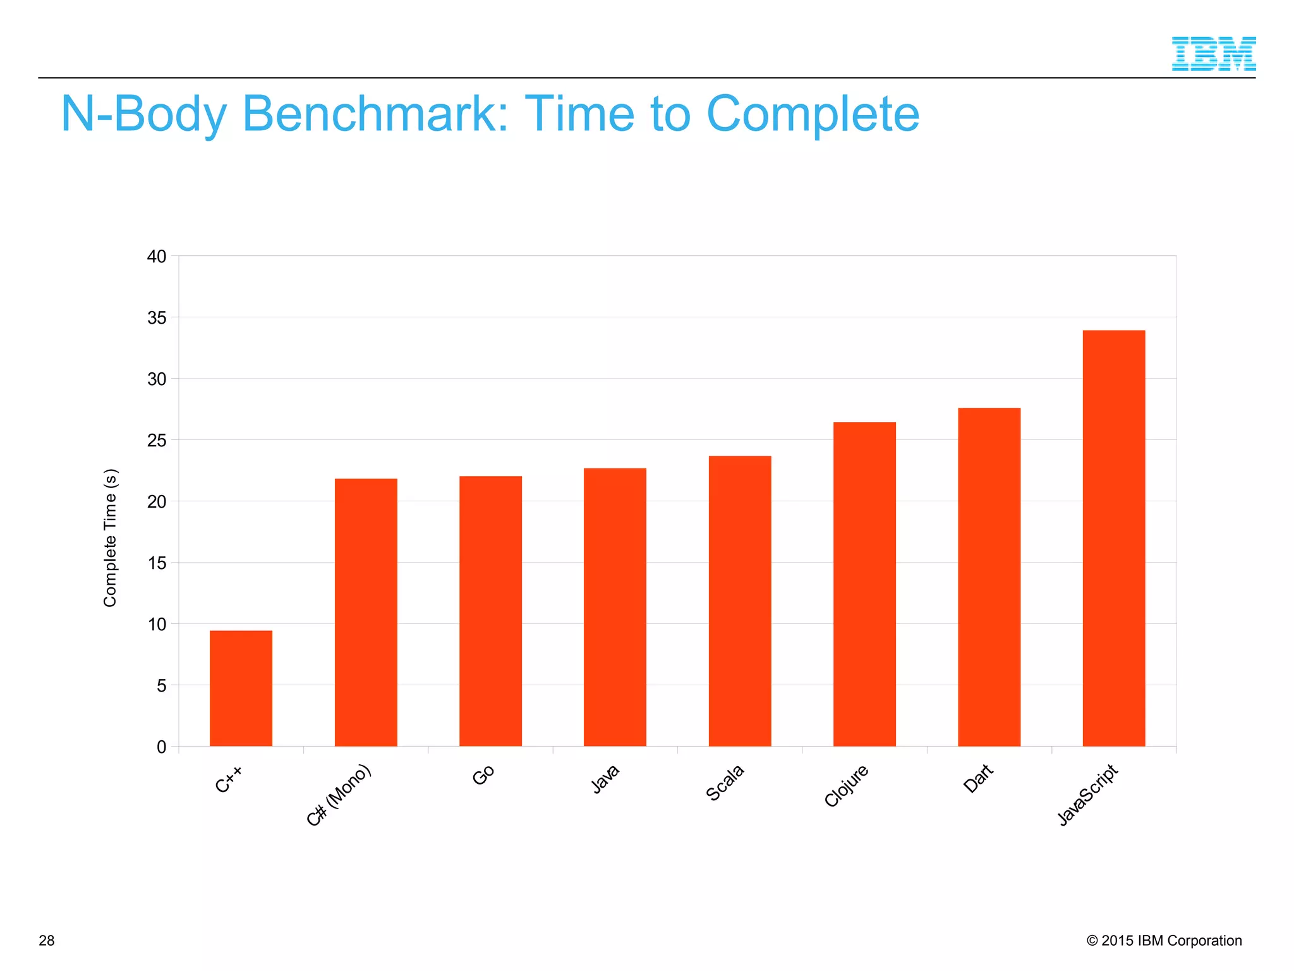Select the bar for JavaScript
click(1113, 538)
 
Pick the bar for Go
click(490, 611)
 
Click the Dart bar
click(989, 577)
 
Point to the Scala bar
click(740, 601)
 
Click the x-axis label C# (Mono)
click(339, 795)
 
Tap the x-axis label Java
click(605, 779)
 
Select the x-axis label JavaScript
click(1087, 795)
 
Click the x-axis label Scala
click(725, 783)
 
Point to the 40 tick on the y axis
click(157, 257)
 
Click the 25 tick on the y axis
click(157, 440)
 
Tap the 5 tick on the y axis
click(162, 685)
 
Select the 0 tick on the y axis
click(162, 747)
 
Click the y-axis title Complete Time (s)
click(110, 538)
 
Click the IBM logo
click(1213, 54)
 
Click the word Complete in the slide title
click(813, 114)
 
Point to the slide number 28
click(47, 941)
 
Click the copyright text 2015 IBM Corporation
click(1164, 941)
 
